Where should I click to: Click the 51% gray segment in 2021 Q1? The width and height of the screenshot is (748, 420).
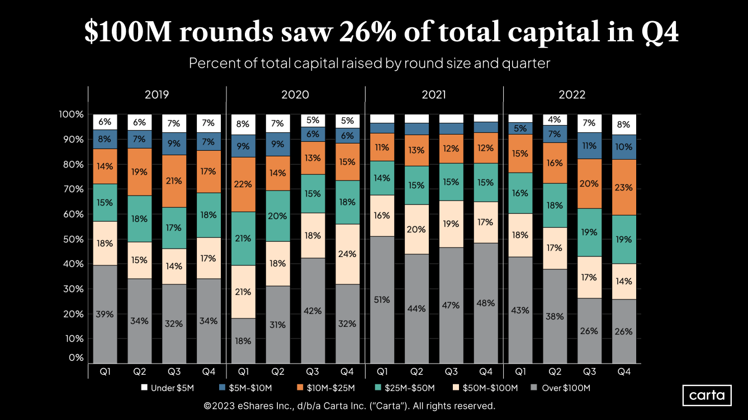[x=382, y=299]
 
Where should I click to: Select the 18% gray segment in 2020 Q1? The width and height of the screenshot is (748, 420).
[x=244, y=341]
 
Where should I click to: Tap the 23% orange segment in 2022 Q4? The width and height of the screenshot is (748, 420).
[x=624, y=188]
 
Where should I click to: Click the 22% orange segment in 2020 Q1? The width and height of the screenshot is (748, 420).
[x=244, y=184]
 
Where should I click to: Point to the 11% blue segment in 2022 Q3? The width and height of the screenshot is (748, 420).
[x=589, y=145]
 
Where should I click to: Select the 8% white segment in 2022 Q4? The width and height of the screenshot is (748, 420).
[x=624, y=125]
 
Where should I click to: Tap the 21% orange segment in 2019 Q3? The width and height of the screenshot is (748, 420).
[x=174, y=181]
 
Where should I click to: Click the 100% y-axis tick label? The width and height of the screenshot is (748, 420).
[x=71, y=114]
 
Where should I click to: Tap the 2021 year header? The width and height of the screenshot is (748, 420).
[x=434, y=94]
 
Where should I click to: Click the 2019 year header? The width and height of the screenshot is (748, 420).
[x=157, y=94]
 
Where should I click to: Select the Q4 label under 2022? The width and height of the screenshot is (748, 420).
[x=624, y=371]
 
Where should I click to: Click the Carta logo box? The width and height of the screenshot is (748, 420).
[x=707, y=395]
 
